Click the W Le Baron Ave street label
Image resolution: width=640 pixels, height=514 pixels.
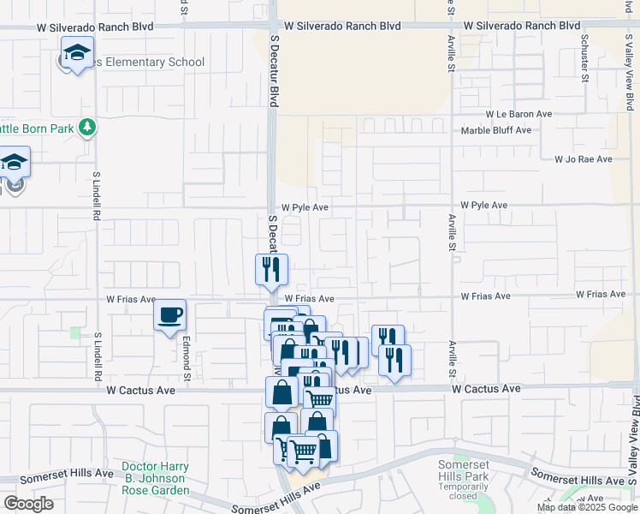(519, 114)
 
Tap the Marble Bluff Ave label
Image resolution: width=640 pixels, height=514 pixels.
(496, 130)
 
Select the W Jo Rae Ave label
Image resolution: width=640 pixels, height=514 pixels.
(584, 159)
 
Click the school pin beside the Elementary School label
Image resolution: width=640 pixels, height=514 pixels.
(77, 54)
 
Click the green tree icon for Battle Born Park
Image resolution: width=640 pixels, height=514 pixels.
(86, 128)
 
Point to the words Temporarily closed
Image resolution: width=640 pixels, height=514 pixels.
(463, 489)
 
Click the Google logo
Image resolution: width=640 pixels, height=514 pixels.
(28, 504)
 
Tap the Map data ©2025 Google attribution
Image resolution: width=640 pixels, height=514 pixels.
(586, 507)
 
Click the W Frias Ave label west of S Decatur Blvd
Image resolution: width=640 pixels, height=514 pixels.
(131, 300)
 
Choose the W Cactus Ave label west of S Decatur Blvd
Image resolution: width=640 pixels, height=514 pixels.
(141, 390)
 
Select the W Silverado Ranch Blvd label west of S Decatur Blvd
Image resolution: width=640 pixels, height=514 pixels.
(95, 27)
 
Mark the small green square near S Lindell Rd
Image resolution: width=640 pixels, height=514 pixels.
(75, 332)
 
